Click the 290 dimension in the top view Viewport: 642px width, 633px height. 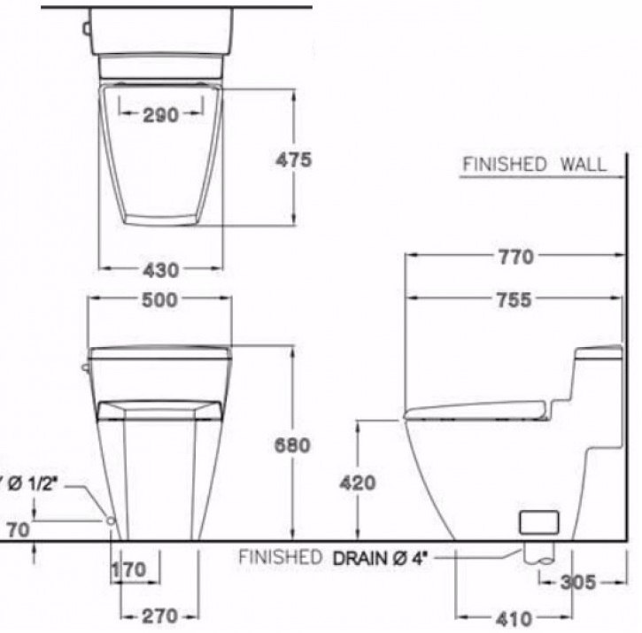160,114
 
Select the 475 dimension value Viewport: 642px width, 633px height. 293,160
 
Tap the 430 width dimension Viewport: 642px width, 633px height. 160,269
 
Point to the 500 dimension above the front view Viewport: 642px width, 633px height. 160,300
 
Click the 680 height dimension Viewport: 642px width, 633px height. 292,445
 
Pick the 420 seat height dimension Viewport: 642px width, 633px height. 357,482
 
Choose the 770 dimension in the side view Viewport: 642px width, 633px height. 515,257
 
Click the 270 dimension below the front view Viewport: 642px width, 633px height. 160,615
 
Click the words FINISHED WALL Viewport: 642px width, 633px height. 535,164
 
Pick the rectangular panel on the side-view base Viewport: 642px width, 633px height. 539,521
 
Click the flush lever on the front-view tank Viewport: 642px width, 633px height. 85,367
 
